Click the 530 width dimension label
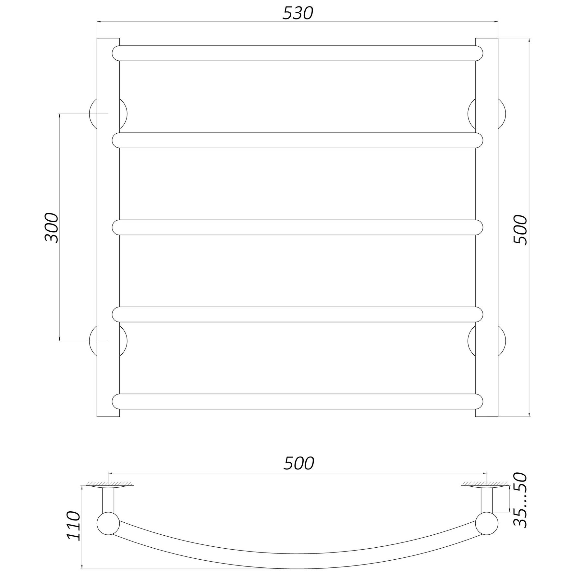click(298, 13)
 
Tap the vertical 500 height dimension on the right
click(521, 229)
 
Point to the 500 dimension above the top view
click(299, 464)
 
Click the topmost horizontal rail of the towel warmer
click(298, 53)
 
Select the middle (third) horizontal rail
click(298, 227)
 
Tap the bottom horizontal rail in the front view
click(298, 401)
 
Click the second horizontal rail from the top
click(298, 140)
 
